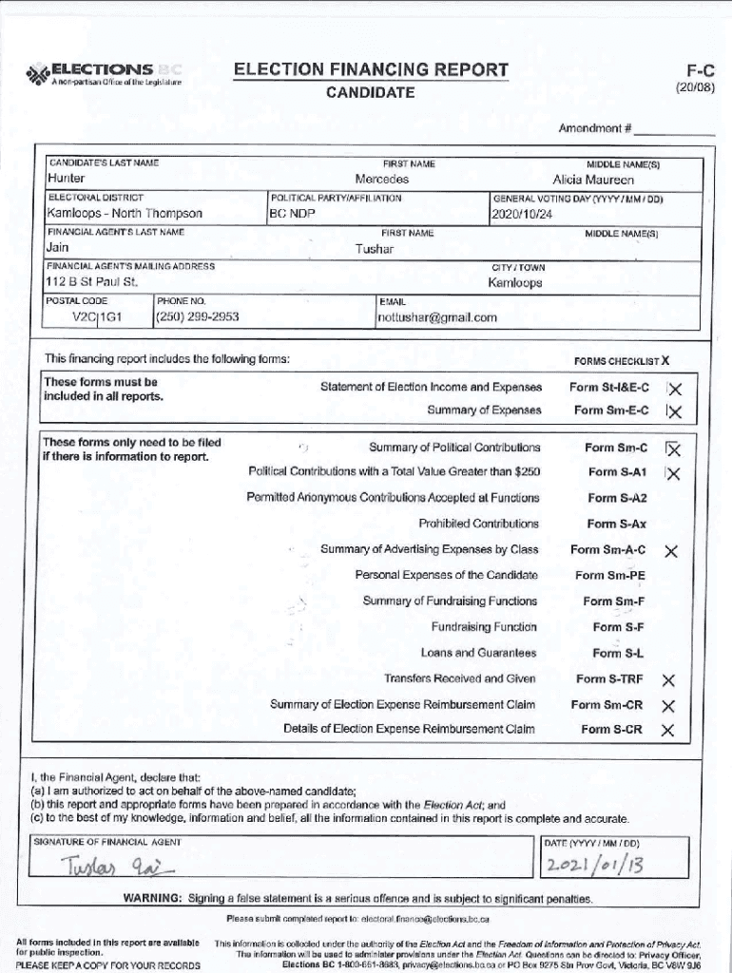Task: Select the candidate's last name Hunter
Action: pyautogui.click(x=66, y=179)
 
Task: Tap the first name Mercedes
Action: pyautogui.click(x=381, y=179)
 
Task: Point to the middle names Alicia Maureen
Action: pyautogui.click(x=593, y=179)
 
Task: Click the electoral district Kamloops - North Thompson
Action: pyautogui.click(x=124, y=214)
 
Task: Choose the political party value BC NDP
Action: pyautogui.click(x=292, y=214)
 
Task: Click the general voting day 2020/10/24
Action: pyautogui.click(x=522, y=214)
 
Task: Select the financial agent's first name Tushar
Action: pyautogui.click(x=374, y=249)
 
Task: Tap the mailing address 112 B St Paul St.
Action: pyautogui.click(x=92, y=283)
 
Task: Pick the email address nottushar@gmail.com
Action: pyautogui.click(x=437, y=317)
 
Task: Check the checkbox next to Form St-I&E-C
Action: pyautogui.click(x=674, y=388)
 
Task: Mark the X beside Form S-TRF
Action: pyautogui.click(x=668, y=680)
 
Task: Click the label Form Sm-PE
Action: pyautogui.click(x=609, y=576)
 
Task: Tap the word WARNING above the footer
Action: pyautogui.click(x=152, y=899)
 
